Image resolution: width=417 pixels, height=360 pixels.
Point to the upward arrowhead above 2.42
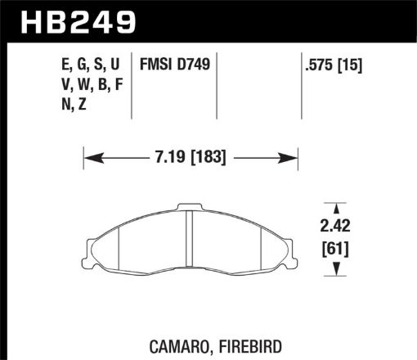click(331, 208)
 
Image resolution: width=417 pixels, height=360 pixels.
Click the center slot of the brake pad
click(189, 237)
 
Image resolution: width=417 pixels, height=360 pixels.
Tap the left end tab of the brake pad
click(92, 245)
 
